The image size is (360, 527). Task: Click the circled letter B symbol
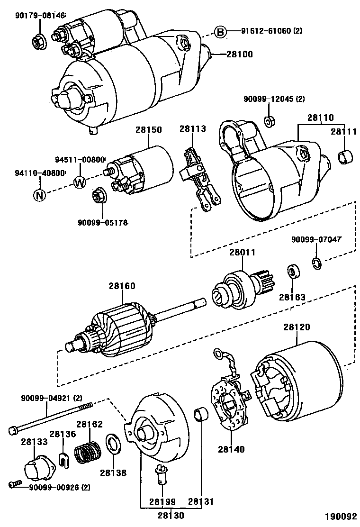point(220,32)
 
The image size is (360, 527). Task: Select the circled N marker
point(39,195)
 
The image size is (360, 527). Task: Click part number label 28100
point(240,55)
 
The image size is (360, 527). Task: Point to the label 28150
point(149,130)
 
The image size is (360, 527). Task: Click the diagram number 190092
point(340,516)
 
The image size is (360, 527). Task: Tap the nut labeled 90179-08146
point(37,41)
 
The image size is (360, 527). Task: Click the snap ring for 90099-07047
point(317,263)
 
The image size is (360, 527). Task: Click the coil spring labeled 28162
point(87,453)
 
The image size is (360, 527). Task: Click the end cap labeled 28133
point(37,468)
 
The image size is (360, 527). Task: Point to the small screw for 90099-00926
point(15,484)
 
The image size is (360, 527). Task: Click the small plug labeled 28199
point(161,472)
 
